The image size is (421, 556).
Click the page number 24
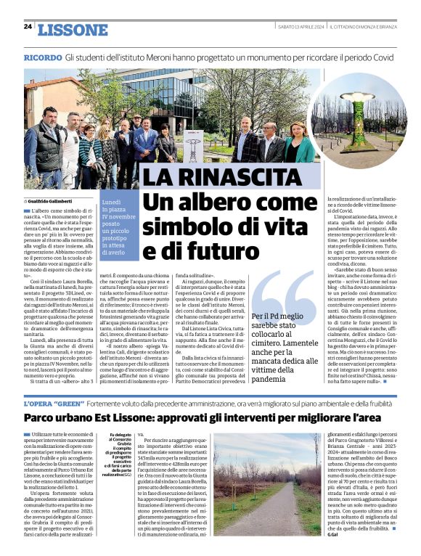click(x=28, y=27)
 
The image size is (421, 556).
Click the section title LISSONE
click(x=72, y=29)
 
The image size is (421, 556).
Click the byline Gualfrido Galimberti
click(x=55, y=200)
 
